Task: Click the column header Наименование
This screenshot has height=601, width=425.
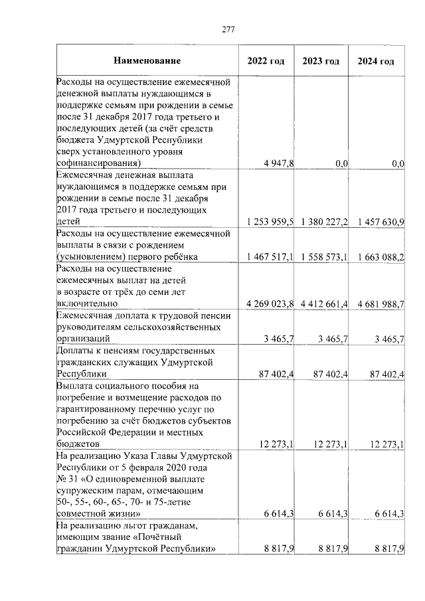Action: click(x=147, y=61)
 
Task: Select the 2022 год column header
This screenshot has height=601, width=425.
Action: click(x=266, y=61)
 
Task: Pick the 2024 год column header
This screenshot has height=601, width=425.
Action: click(x=376, y=61)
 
